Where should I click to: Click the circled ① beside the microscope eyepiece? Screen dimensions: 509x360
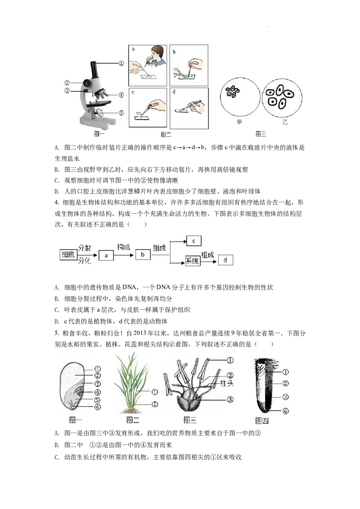point(121,64)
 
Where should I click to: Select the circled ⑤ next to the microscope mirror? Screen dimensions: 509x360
point(121,113)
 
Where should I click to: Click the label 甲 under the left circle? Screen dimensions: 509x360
point(240,121)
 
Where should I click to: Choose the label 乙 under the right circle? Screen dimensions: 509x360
point(284,122)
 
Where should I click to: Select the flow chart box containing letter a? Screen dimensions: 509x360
point(106,255)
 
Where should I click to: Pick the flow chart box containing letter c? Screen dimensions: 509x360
point(193,241)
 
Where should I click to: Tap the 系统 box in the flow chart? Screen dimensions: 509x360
point(192,261)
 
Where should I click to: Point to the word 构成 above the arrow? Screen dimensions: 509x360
point(124,246)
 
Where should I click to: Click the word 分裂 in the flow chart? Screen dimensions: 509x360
point(84,248)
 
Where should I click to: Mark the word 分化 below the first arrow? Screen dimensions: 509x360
point(84,260)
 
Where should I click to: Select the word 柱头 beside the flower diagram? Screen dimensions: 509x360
point(226,383)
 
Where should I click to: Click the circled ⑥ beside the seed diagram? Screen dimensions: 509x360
point(98,407)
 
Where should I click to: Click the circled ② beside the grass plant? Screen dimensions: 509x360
point(155,404)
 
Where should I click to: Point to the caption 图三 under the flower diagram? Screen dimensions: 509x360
point(190,420)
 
